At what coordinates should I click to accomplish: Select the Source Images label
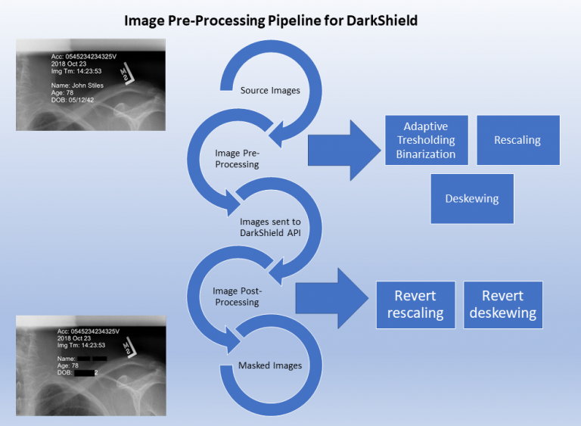point(270,91)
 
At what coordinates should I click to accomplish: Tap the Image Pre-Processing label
point(237,158)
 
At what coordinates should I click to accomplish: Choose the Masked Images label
point(270,365)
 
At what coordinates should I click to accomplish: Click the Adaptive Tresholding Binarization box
point(426,141)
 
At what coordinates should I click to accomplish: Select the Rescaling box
point(517,140)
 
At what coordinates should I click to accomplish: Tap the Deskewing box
point(471,198)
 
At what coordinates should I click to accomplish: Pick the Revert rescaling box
point(415,304)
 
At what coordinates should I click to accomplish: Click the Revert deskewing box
point(503,304)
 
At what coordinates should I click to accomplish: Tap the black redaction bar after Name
point(92,357)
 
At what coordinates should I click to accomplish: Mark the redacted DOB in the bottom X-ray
point(85,372)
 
